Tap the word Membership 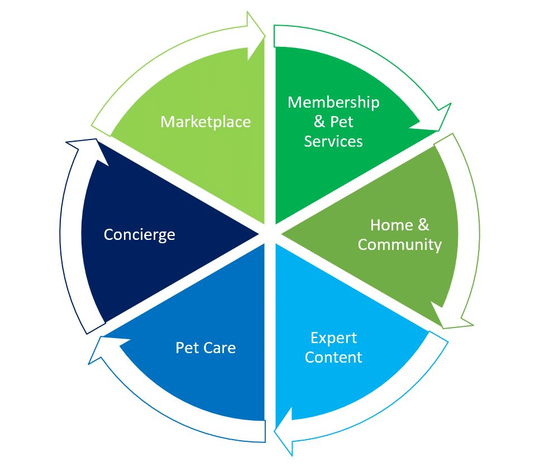[x=333, y=102]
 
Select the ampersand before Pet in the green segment [x=319, y=122]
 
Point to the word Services [x=333, y=141]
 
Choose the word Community [x=399, y=245]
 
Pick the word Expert [x=333, y=338]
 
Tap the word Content [x=333, y=358]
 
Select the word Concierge [x=140, y=235]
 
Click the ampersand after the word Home [x=424, y=225]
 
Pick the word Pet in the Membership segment [x=342, y=122]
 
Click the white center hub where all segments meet [x=270, y=234]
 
